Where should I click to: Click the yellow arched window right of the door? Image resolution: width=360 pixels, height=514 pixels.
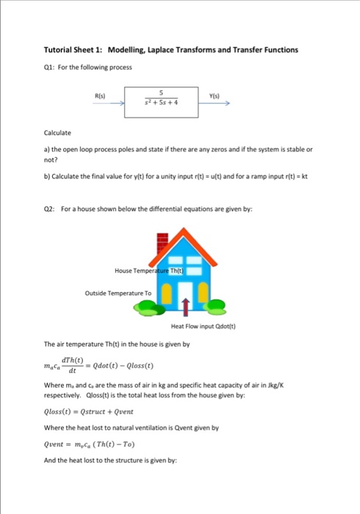click(206, 294)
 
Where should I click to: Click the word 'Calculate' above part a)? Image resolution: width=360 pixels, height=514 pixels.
click(58, 133)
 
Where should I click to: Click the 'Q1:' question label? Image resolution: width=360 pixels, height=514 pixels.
click(51, 65)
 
